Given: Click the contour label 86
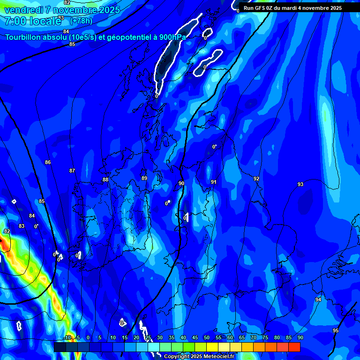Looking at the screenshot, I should (x=48, y=162).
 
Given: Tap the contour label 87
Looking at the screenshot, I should (x=72, y=171).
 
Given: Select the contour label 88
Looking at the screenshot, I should (x=105, y=180).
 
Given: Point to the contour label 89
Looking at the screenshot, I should (x=144, y=178).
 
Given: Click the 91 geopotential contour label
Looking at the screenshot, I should (x=214, y=182).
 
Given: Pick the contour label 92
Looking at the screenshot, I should (x=256, y=179).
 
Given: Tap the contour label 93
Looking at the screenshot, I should (x=300, y=184).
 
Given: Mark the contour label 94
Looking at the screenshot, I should (x=318, y=300).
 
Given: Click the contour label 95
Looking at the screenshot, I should (x=336, y=330).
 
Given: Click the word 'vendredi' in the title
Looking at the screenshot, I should (x=24, y=10).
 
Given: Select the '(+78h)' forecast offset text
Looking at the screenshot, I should (x=81, y=21).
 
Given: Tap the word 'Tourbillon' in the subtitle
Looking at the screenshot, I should (x=24, y=37).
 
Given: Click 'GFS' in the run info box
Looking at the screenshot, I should (x=260, y=8).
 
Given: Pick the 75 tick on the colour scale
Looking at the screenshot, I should (x=265, y=338).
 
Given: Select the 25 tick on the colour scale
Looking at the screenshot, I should (x=148, y=338).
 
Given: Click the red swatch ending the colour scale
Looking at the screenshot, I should (x=294, y=347).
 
